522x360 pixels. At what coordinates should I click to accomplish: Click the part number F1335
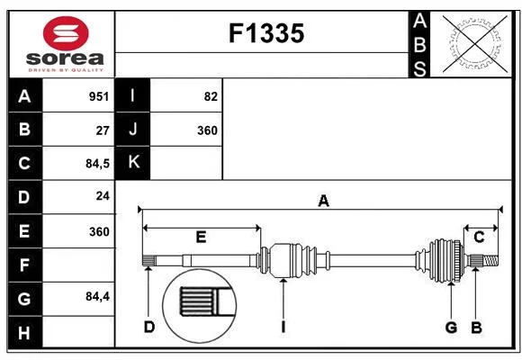[x=266, y=33]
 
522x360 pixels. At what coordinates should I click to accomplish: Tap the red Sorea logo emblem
[x=66, y=33]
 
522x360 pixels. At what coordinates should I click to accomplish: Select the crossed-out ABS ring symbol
[x=475, y=43]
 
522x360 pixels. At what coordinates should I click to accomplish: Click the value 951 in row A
[x=99, y=96]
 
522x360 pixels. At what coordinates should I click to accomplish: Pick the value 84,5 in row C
[x=97, y=164]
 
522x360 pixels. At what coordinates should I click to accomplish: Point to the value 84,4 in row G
[x=97, y=296]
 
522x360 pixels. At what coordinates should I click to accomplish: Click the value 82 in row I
[x=211, y=96]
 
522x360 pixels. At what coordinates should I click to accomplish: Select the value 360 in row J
[x=207, y=130]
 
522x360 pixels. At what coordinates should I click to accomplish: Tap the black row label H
[x=25, y=332]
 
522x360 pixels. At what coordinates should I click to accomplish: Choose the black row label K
[x=133, y=163]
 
